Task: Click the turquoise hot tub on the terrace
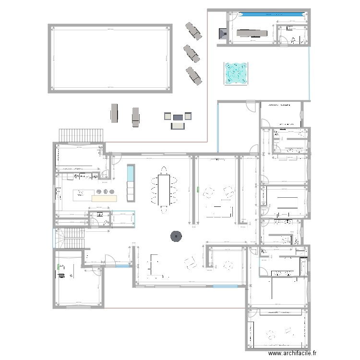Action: coord(237,73)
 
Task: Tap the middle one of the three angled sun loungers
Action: coord(191,52)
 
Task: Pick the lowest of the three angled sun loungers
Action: coord(194,75)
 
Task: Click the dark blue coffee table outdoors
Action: coord(178,116)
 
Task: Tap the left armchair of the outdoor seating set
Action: coord(168,116)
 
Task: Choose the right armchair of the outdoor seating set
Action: coord(188,116)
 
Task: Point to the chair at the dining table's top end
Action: coord(163,170)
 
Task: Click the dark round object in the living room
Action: coord(176,236)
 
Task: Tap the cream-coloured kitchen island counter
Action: coord(104,198)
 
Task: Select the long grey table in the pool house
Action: coord(250,33)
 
